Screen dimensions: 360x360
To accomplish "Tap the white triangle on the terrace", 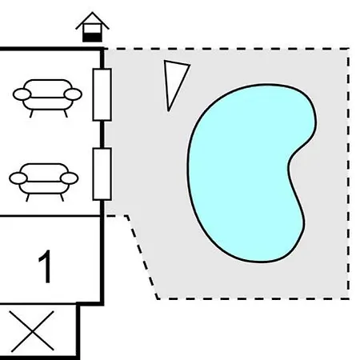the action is point(174,80).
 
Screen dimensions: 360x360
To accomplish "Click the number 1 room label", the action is point(46,266).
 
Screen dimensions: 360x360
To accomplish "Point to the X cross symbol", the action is point(32,331).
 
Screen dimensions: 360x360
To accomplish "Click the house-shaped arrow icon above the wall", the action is point(92,26).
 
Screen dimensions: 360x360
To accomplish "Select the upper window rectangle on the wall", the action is point(102,94).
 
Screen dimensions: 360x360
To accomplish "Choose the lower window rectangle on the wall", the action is point(102,174).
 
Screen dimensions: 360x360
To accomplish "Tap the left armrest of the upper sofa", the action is point(22,94).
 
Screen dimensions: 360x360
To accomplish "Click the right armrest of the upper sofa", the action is point(73,94).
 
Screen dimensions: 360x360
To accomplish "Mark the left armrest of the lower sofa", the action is point(18,178).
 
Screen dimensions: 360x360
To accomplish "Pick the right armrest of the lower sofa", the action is point(70,178).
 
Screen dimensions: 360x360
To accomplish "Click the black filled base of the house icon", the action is point(92,38).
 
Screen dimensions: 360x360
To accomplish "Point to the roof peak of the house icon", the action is point(92,13).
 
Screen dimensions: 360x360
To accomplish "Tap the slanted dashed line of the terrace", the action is point(142,257).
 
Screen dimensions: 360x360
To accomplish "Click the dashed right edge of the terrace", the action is point(349,174).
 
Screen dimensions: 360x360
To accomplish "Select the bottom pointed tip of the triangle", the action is point(168,110).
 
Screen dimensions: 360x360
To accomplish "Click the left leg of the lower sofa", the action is point(27,198).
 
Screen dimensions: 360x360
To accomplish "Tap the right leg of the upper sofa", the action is point(66,114).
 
